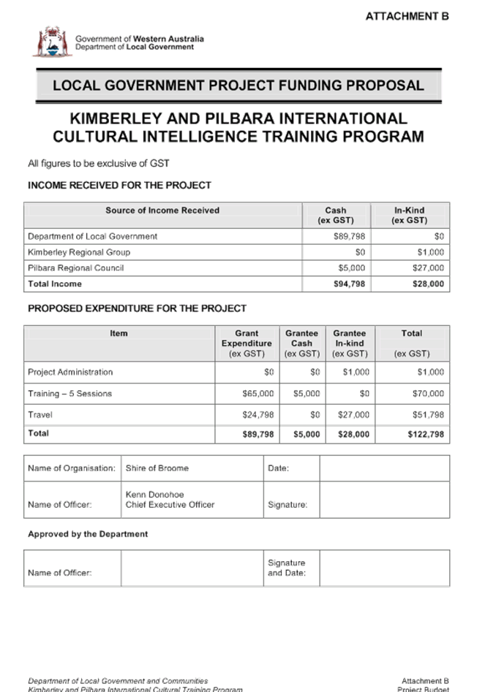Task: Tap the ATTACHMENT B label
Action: click(x=407, y=16)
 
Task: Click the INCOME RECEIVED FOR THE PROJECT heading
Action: click(x=119, y=186)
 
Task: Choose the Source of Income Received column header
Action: click(x=162, y=210)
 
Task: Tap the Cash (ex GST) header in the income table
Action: click(x=336, y=215)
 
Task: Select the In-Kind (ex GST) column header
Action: click(x=410, y=215)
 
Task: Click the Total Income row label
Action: click(x=55, y=284)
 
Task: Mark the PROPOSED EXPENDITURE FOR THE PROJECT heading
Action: click(x=137, y=308)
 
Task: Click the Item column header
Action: click(x=119, y=333)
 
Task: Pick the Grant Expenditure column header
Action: click(x=247, y=343)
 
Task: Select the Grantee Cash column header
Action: click(x=301, y=343)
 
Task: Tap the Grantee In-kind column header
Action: click(x=349, y=343)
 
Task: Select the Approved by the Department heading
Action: click(x=88, y=534)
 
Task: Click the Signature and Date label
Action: click(x=286, y=567)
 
